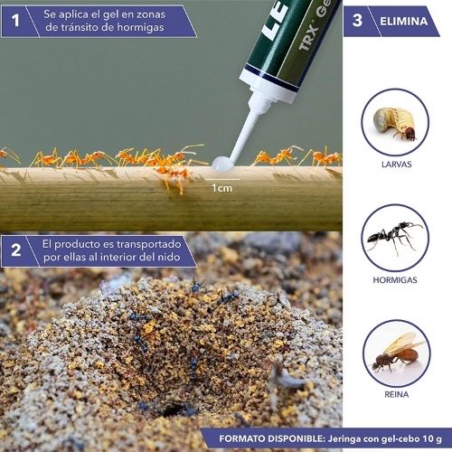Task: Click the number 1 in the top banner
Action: tap(15, 21)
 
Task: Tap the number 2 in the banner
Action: tap(16, 250)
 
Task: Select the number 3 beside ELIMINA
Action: tap(357, 21)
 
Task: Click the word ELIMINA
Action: tap(404, 21)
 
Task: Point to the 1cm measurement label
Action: tap(221, 188)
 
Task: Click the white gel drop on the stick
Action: tap(222, 164)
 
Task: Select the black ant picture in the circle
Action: tap(395, 237)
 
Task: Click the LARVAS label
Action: tap(396, 165)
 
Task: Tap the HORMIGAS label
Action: tap(395, 280)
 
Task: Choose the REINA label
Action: tap(397, 394)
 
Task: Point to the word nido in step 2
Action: tap(169, 257)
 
